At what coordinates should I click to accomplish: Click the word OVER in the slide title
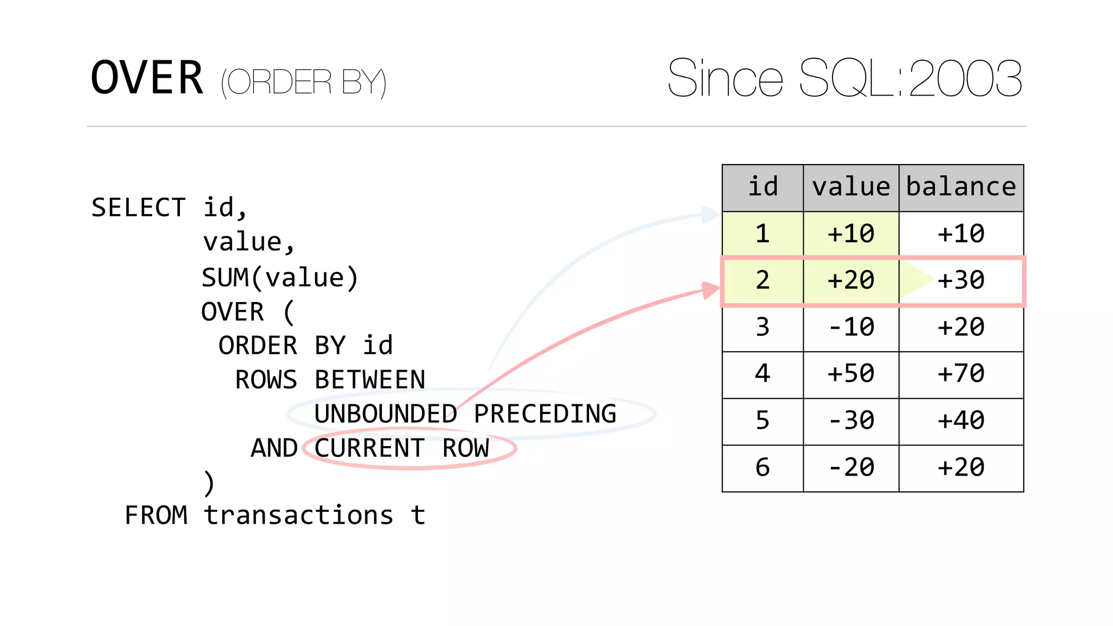coord(147,78)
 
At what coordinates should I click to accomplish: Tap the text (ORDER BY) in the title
coord(303,83)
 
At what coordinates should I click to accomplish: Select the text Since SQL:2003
coord(845,78)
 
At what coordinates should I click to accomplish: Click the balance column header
coord(961,187)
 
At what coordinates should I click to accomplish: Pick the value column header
coord(851,187)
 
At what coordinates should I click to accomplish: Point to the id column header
coord(762,187)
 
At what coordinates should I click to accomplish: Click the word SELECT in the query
coord(139,208)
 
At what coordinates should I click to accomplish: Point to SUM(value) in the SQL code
coord(280,278)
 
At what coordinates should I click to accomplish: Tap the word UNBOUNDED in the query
coord(385,414)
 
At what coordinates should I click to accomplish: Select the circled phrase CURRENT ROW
coord(402,449)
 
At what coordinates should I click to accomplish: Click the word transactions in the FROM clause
coord(298,515)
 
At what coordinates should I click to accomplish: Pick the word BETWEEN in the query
coord(370,380)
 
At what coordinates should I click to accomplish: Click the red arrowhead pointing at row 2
coord(710,290)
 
